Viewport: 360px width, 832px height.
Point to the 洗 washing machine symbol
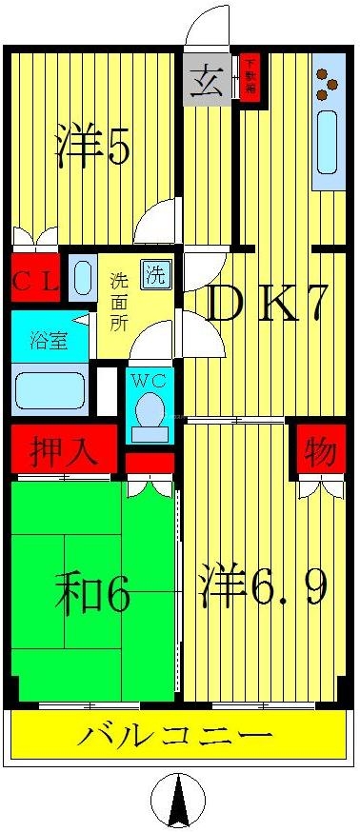[x=154, y=275]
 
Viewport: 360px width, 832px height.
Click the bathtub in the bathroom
[x=50, y=390]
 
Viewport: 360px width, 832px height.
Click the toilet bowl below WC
[x=149, y=411]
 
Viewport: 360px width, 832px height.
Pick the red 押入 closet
[x=64, y=449]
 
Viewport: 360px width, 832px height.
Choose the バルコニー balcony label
[x=176, y=736]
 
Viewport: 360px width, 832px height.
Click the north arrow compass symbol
[x=179, y=800]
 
